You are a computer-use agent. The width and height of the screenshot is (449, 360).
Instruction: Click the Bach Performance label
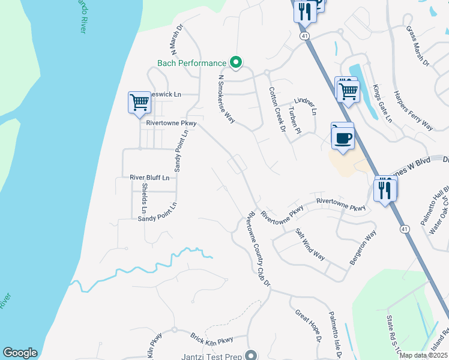[191, 63]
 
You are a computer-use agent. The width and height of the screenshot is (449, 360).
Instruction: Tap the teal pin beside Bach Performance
[237, 62]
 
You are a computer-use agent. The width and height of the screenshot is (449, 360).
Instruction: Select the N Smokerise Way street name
[226, 99]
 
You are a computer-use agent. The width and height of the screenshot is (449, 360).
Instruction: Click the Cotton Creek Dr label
[276, 107]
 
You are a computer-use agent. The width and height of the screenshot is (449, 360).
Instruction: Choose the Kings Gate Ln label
[381, 104]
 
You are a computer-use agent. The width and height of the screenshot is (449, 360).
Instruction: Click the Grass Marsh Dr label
[418, 46]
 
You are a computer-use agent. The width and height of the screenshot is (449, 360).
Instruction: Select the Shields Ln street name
[144, 198]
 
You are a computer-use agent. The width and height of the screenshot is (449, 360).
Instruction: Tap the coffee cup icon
[343, 137]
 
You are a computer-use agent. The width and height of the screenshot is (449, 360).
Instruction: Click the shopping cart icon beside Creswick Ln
[139, 102]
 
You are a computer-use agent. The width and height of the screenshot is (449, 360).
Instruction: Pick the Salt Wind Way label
[310, 245]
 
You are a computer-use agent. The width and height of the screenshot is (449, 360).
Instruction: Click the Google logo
[20, 353]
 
